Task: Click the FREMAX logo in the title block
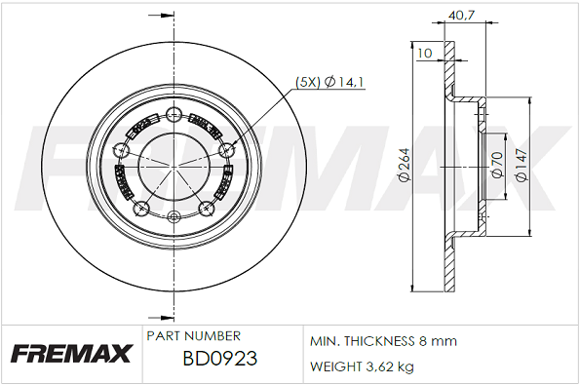70,353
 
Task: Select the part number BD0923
220,359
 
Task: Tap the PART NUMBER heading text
193,335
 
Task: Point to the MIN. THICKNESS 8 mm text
383,342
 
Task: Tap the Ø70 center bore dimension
497,165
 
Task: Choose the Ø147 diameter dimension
522,165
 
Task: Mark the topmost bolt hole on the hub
174,110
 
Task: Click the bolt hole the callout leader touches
227,149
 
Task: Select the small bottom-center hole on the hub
174,216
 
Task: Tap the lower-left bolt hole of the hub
140,208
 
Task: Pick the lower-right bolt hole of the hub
207,208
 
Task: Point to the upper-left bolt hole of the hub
120,149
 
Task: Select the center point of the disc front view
174,164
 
